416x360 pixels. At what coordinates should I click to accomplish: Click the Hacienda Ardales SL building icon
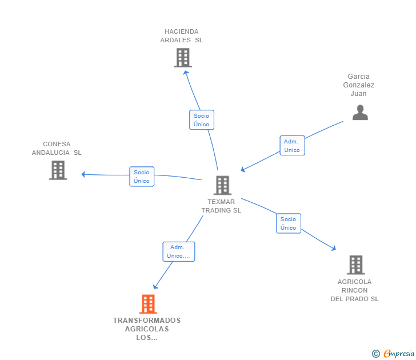click(183, 58)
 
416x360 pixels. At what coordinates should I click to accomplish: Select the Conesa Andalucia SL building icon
click(58, 170)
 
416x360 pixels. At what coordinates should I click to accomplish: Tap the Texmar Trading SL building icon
click(222, 185)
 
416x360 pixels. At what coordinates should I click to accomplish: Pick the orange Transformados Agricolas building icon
click(147, 304)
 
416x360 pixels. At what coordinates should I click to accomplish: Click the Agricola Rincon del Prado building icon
click(355, 265)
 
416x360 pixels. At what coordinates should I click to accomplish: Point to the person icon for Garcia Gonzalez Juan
click(360, 113)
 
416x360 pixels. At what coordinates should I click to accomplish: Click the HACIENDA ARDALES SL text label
click(182, 36)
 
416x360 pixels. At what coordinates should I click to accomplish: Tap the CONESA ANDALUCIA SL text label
click(57, 149)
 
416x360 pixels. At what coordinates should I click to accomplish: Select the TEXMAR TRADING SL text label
click(221, 206)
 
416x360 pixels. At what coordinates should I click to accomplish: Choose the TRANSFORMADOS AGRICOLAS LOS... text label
click(147, 329)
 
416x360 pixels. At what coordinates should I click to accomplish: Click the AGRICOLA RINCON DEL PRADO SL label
click(354, 290)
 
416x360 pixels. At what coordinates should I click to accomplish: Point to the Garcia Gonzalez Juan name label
click(359, 85)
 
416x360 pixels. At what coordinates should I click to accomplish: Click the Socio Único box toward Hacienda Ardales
click(201, 120)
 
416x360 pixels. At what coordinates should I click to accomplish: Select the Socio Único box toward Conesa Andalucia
click(142, 177)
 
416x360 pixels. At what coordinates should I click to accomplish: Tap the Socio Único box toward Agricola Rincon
click(289, 223)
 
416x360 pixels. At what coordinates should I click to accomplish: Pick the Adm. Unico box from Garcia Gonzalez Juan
click(292, 146)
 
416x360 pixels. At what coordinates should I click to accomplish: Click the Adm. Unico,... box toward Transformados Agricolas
click(179, 251)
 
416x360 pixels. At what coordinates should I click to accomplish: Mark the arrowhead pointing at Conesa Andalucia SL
click(83, 174)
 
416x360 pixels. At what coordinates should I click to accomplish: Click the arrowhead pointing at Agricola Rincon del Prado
click(334, 249)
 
